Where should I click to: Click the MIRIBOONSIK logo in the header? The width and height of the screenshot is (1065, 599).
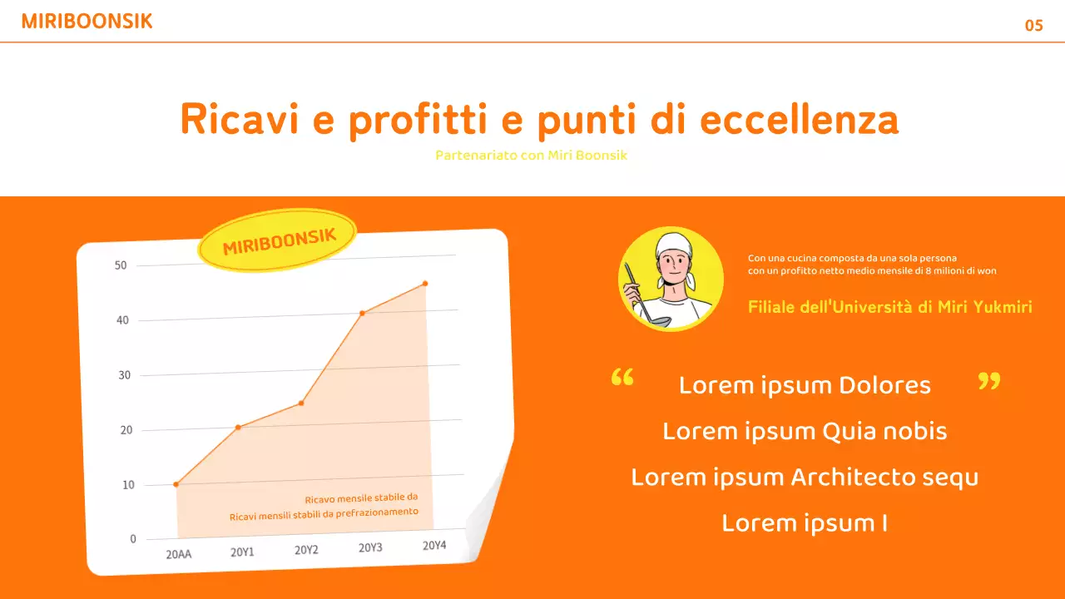87,22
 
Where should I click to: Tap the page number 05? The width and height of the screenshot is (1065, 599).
1033,26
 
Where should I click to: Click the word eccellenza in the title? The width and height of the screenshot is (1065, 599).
799,120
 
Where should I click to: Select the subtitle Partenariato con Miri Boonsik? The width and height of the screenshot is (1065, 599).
532,156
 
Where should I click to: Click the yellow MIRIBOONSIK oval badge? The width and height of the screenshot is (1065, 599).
278,240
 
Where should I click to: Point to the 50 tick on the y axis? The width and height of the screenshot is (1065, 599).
121,265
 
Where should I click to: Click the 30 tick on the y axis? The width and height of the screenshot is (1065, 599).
123,375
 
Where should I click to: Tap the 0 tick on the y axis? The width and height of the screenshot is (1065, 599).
133,539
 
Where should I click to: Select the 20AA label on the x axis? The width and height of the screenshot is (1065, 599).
179,553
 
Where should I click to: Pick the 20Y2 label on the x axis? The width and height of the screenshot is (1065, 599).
307,550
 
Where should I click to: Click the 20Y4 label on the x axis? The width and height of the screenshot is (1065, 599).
434,546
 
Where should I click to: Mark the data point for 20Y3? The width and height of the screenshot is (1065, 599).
362,313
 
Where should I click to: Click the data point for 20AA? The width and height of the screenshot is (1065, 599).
176,484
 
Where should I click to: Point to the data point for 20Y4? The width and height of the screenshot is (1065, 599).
425,284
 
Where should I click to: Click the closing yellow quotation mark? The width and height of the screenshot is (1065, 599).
988,381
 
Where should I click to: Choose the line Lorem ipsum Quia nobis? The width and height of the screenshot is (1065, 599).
805,431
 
